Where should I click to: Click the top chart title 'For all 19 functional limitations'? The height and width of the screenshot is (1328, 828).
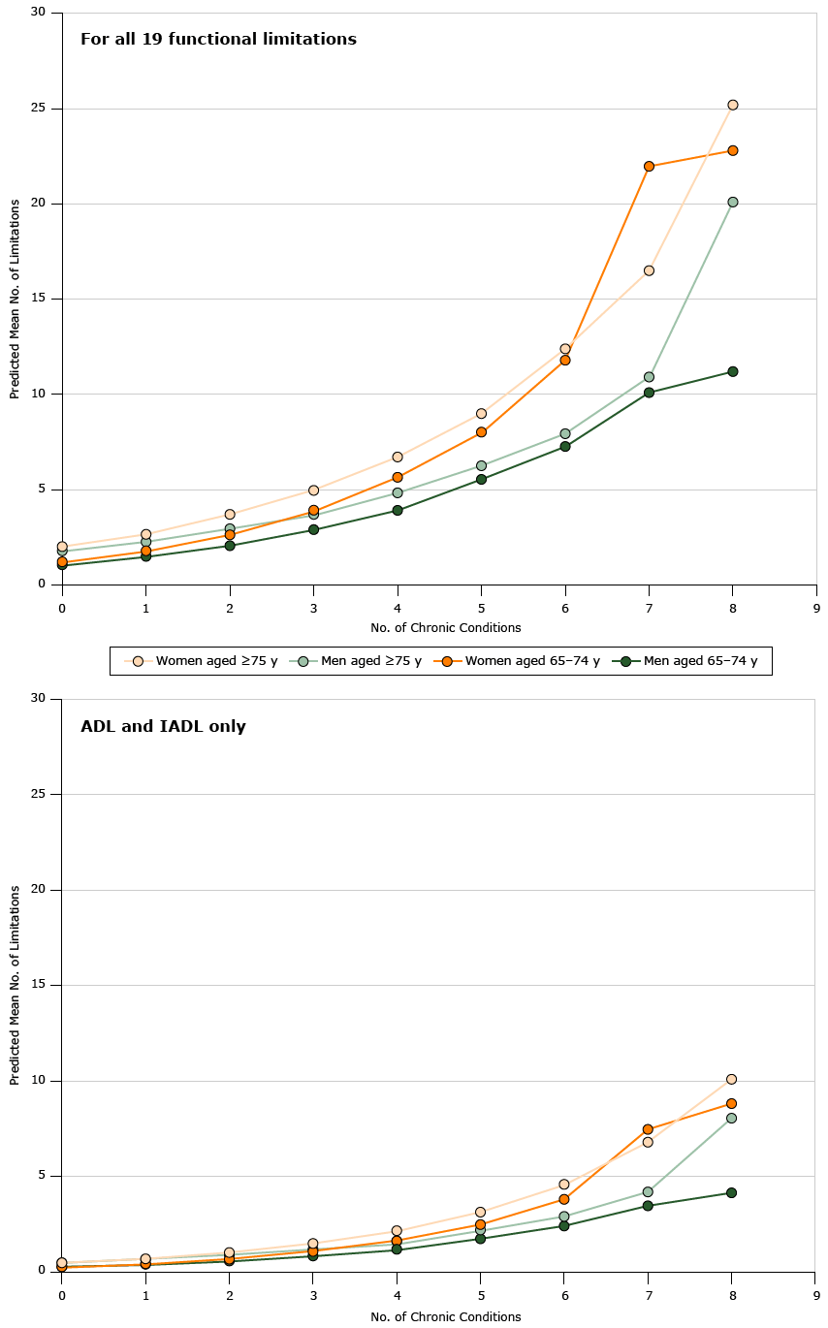[x=218, y=40]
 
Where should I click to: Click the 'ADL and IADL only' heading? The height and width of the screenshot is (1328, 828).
[x=163, y=726]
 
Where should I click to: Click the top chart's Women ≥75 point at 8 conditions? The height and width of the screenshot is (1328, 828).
[x=732, y=105]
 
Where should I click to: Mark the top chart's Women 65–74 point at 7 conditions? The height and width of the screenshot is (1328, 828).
[x=649, y=167]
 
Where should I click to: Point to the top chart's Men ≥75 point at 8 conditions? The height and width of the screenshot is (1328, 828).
[x=732, y=202]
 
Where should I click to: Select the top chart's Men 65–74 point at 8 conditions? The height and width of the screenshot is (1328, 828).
[x=732, y=371]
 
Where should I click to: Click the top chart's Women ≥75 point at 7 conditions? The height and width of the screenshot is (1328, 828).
[x=649, y=270]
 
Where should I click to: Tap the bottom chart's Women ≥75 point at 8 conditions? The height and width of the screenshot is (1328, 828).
[x=732, y=1079]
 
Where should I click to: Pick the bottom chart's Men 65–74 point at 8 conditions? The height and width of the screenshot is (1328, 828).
[x=732, y=1192]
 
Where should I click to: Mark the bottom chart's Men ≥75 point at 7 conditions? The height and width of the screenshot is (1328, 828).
[x=649, y=1191]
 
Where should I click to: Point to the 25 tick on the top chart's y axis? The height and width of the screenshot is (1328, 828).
[x=42, y=109]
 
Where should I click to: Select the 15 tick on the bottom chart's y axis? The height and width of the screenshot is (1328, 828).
[x=42, y=985]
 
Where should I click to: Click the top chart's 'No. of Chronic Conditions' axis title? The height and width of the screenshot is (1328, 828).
[x=445, y=628]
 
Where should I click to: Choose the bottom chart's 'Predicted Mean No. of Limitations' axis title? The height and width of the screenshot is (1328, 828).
[x=15, y=984]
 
